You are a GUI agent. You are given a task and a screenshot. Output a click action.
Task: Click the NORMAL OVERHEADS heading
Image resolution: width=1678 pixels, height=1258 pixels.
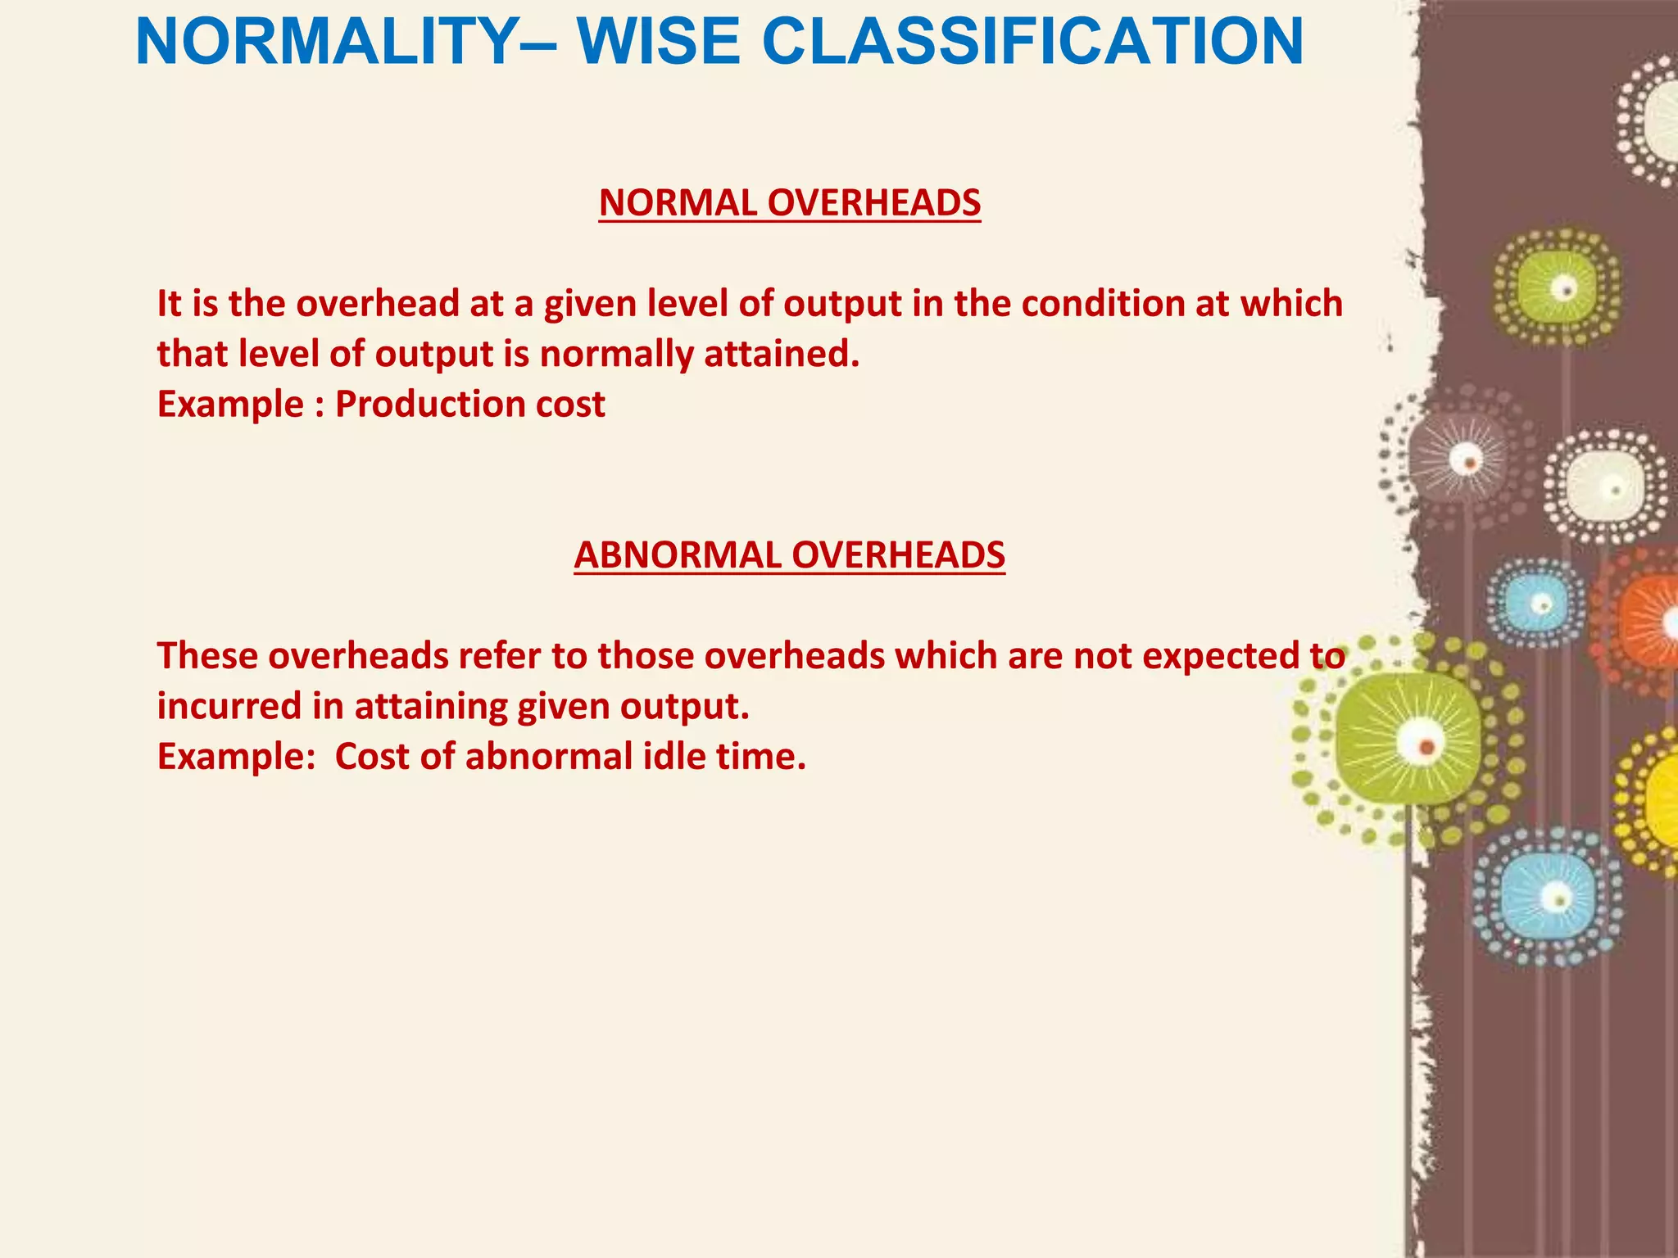[x=789, y=203]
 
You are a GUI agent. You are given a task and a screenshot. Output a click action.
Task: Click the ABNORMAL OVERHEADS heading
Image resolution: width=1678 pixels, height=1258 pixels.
[x=789, y=555]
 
